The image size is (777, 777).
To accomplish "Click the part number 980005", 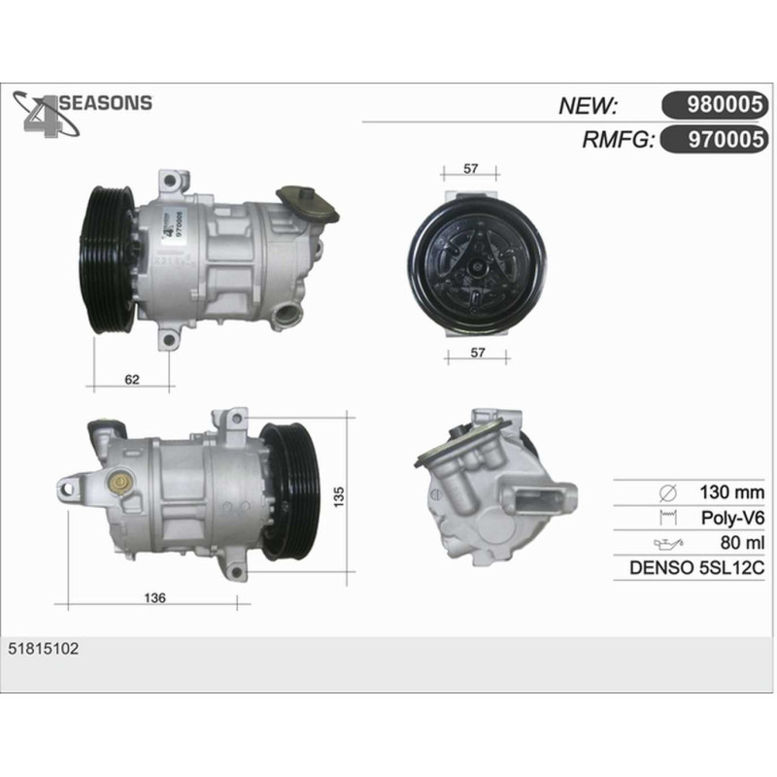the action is pyautogui.click(x=724, y=105).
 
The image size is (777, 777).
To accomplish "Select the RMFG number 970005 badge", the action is pyautogui.click(x=715, y=139).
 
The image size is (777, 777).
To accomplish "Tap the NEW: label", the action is pyautogui.click(x=588, y=106).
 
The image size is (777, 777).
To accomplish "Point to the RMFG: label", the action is pyautogui.click(x=619, y=140).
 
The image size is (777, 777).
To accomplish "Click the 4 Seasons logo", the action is pyautogui.click(x=82, y=114).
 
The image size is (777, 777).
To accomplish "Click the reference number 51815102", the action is pyautogui.click(x=43, y=649).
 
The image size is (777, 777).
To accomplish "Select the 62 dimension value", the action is pyautogui.click(x=132, y=380).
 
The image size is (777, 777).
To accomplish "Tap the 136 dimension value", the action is pyautogui.click(x=154, y=598).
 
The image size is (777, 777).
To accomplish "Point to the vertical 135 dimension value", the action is pyautogui.click(x=338, y=496).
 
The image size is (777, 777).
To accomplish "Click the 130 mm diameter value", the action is pyautogui.click(x=731, y=492).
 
